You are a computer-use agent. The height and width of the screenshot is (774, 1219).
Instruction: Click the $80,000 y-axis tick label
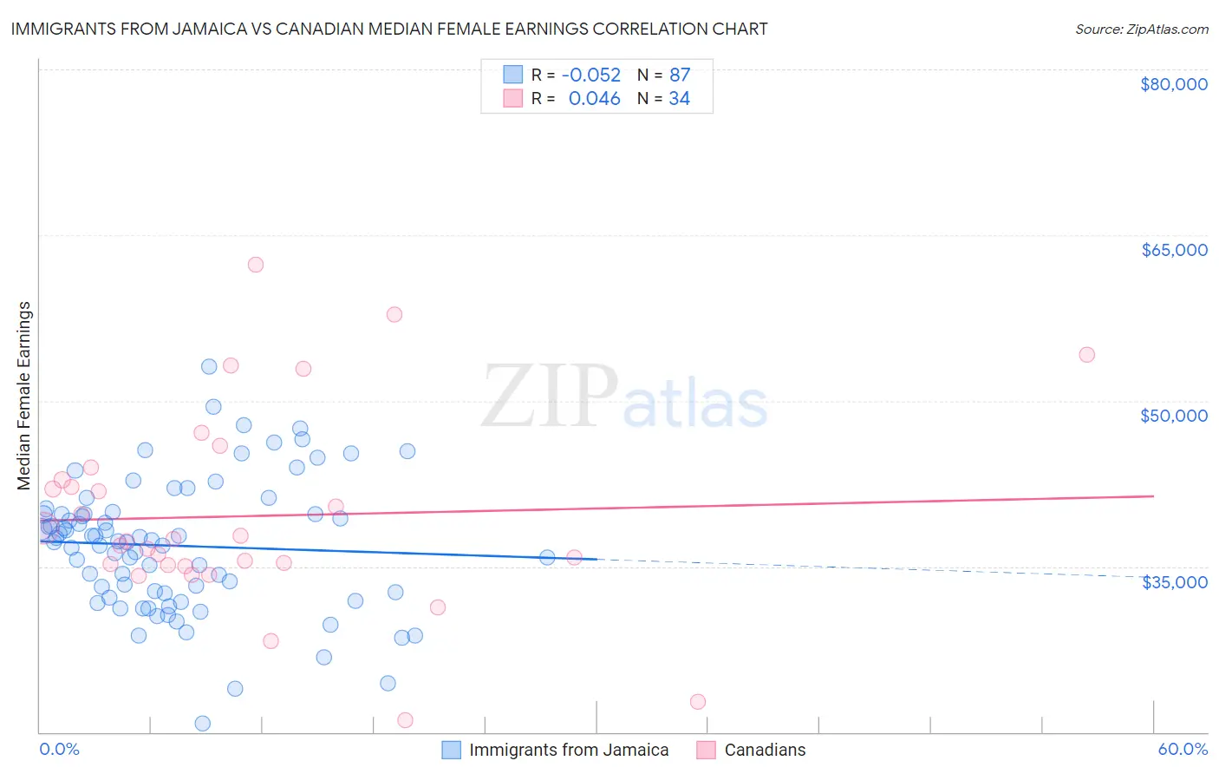(x=1173, y=84)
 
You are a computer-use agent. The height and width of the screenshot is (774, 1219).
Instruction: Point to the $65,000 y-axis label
(x=1173, y=250)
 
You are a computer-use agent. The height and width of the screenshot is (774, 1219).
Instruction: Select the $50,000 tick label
(x=1173, y=416)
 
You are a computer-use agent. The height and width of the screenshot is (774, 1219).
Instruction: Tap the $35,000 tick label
(x=1174, y=582)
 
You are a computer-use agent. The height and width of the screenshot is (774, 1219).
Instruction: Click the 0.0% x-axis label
(x=59, y=749)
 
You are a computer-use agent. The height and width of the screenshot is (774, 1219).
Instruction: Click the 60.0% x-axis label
(x=1182, y=749)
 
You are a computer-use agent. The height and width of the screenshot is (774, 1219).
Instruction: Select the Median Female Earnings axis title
(x=24, y=396)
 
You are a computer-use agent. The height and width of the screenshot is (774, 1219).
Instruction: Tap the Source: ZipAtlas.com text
(x=1141, y=30)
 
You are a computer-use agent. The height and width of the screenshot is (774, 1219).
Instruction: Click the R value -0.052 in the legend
(x=591, y=75)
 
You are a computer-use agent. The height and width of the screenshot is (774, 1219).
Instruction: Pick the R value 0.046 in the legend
(x=594, y=99)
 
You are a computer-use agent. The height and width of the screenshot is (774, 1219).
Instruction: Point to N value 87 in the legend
(x=679, y=75)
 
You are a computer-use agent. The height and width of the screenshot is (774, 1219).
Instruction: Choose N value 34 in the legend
(x=679, y=99)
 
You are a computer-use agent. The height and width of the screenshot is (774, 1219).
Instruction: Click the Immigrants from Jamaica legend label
(x=568, y=750)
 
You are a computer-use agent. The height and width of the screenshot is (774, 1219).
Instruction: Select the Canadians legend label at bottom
(x=764, y=750)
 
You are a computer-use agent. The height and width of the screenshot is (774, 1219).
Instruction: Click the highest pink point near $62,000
(x=255, y=265)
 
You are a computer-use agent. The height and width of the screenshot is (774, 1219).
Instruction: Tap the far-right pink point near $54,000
(x=1086, y=354)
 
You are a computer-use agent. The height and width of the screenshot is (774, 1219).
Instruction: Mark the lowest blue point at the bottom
(x=203, y=723)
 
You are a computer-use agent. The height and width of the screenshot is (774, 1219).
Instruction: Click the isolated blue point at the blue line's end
(x=547, y=557)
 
